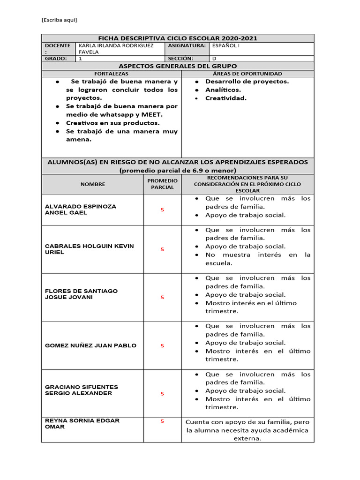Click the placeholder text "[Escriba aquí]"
(59, 20)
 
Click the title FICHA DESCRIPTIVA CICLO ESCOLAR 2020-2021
(178, 38)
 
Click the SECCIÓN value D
(214, 59)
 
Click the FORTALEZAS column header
(111, 74)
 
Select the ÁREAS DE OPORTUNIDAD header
(247, 74)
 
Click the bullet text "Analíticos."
(223, 90)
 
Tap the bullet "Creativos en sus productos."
(113, 123)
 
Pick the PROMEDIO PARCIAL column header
(162, 184)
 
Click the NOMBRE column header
(93, 184)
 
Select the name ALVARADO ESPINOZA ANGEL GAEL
(81, 210)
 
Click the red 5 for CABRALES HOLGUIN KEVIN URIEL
(163, 249)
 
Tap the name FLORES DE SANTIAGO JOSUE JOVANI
(81, 294)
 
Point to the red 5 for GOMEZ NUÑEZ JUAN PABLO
(163, 345)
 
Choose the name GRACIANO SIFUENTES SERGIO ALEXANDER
(81, 390)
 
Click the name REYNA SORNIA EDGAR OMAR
(82, 424)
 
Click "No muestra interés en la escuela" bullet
(258, 259)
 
